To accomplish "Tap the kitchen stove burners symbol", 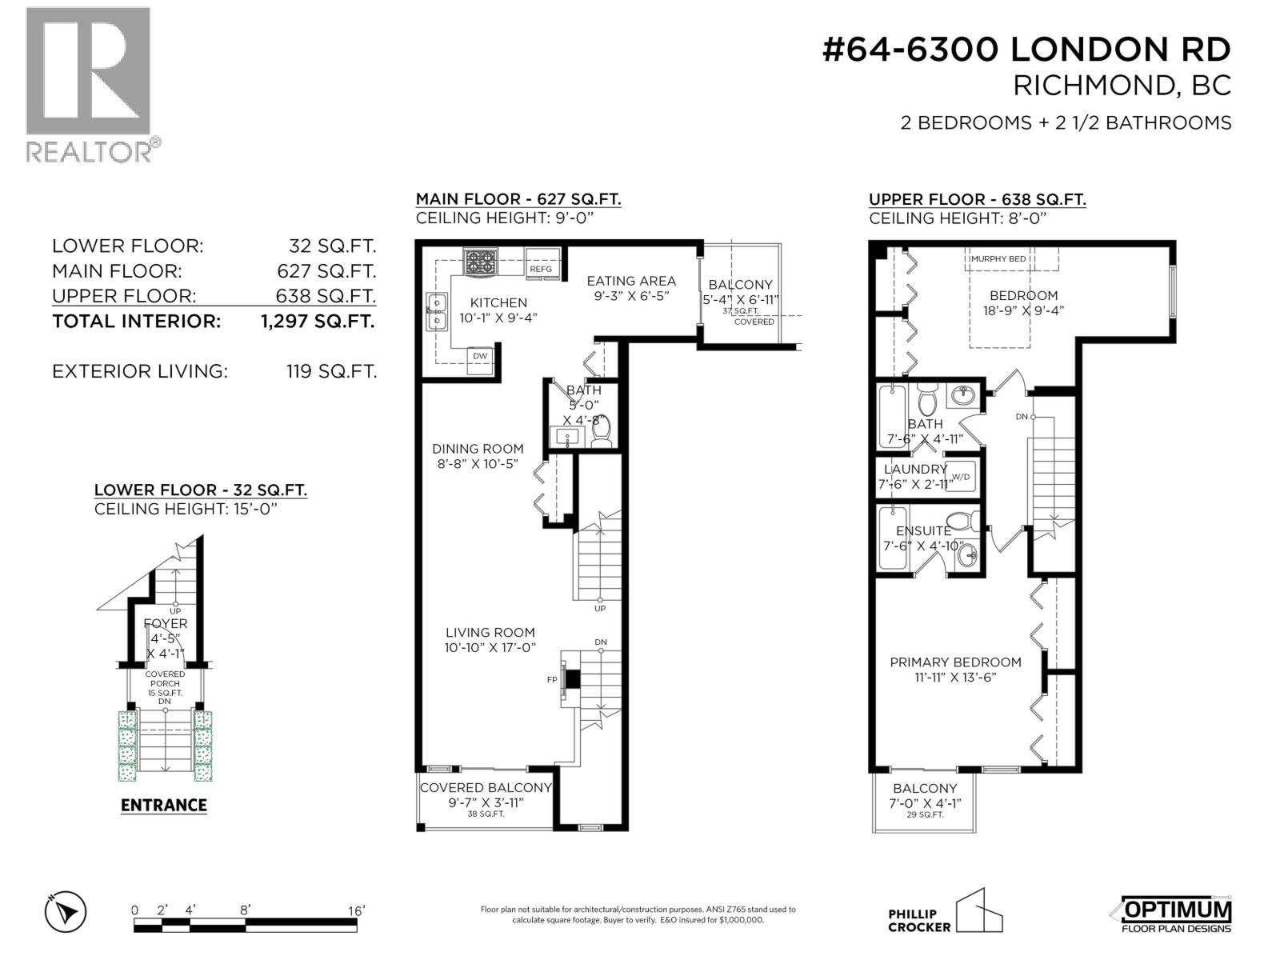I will [x=481, y=263].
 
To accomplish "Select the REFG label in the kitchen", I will [x=541, y=270].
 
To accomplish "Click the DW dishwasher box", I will [x=480, y=357].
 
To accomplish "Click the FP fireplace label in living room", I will [x=552, y=679].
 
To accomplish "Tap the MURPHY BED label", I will [x=998, y=259].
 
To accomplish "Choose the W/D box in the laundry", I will [x=961, y=478].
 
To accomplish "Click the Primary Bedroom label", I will [x=955, y=662].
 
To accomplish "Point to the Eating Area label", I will [x=631, y=281].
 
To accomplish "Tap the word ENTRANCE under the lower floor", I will [x=164, y=806].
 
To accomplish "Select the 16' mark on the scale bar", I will [x=356, y=910].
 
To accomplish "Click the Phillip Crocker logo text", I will [x=919, y=920].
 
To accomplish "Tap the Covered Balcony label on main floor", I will [x=486, y=788].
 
